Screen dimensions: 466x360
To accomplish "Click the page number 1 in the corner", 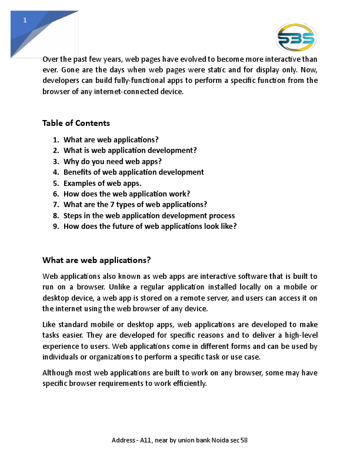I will pos(25,21).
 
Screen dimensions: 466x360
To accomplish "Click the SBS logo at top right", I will pos(296,38).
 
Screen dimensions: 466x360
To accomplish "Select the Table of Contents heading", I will pos(76,123).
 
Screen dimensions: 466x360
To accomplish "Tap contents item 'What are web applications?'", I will pos(111,139).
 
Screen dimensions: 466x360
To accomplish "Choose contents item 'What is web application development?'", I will pos(130,150).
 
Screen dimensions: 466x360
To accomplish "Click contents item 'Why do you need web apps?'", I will pos(112,161).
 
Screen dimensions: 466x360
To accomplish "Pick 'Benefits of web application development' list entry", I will pos(134,172).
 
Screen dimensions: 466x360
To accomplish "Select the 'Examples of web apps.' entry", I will pos(102,183).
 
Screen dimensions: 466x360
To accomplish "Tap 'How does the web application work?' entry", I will pos(126,194).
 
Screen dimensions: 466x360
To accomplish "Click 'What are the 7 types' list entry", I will pos(135,205).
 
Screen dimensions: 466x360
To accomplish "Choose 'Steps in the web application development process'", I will pos(149,215).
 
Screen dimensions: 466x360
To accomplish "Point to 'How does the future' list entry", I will pos(150,226).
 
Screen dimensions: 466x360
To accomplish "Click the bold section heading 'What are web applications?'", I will pos(96,260).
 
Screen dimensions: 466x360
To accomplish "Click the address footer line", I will pos(179,440).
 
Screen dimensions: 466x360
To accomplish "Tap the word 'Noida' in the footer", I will pos(215,440).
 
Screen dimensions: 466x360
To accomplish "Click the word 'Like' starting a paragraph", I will pos(49,324).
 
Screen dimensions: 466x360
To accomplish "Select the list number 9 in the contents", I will pos(55,226).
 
